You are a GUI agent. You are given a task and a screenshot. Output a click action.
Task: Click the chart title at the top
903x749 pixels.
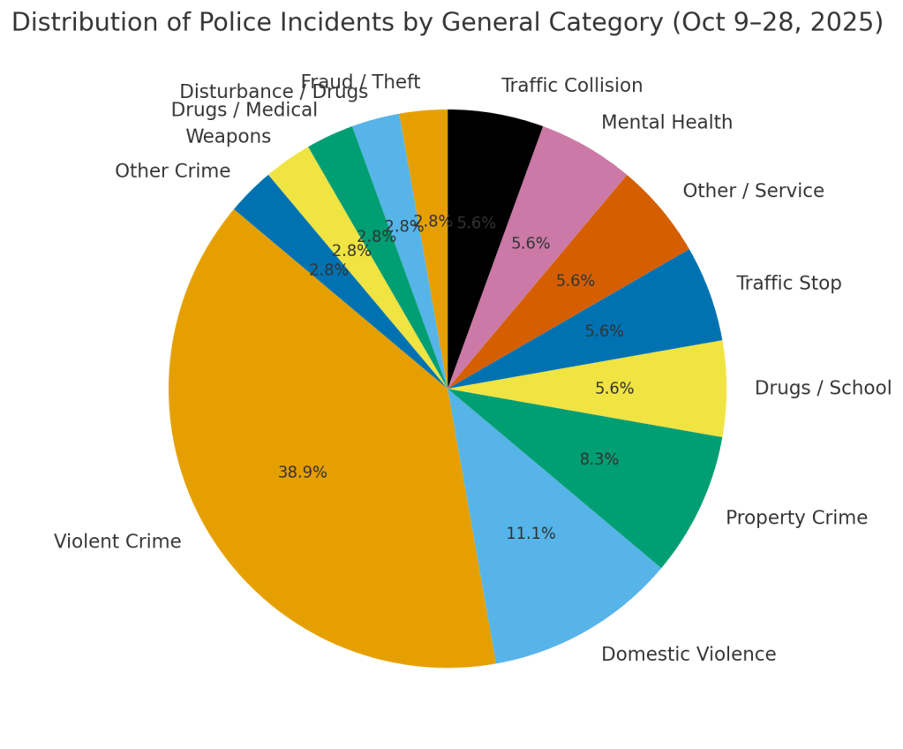click(447, 23)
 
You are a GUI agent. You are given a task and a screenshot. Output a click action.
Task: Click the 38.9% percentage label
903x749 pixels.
click(303, 473)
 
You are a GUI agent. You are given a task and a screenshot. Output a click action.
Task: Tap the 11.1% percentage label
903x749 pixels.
click(531, 533)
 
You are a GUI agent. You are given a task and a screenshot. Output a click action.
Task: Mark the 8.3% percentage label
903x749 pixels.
click(599, 459)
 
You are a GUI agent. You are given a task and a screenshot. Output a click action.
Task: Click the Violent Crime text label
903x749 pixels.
click(117, 541)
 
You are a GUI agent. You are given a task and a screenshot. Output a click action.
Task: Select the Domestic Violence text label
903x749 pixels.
click(689, 654)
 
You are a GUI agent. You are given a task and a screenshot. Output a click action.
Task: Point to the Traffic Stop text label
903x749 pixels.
click(788, 284)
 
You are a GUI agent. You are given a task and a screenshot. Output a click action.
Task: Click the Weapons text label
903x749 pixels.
click(228, 137)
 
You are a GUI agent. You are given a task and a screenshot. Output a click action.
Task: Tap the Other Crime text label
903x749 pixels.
click(172, 171)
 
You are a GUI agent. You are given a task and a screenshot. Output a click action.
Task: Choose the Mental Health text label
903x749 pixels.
click(666, 123)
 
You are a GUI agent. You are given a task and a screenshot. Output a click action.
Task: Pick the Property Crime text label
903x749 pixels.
click(796, 518)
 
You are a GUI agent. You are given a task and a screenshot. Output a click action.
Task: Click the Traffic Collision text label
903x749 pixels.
click(572, 86)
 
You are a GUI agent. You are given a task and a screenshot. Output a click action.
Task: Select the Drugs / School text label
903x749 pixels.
click(823, 389)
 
